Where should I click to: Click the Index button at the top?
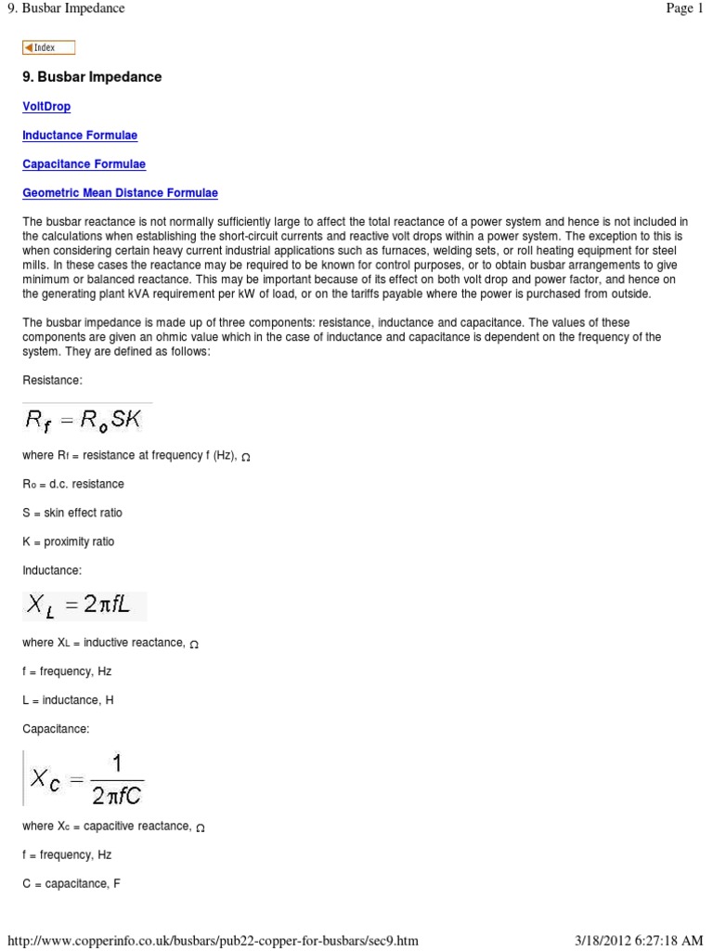48,48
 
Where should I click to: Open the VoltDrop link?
46,107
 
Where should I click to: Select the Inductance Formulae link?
80,136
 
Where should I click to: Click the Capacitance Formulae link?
84,164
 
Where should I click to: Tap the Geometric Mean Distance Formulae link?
120,193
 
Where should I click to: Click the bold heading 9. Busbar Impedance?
92,77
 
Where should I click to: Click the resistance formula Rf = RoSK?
84,420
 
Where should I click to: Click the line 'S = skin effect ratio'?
72,513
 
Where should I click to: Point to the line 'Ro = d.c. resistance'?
73,484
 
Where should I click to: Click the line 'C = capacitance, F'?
71,883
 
